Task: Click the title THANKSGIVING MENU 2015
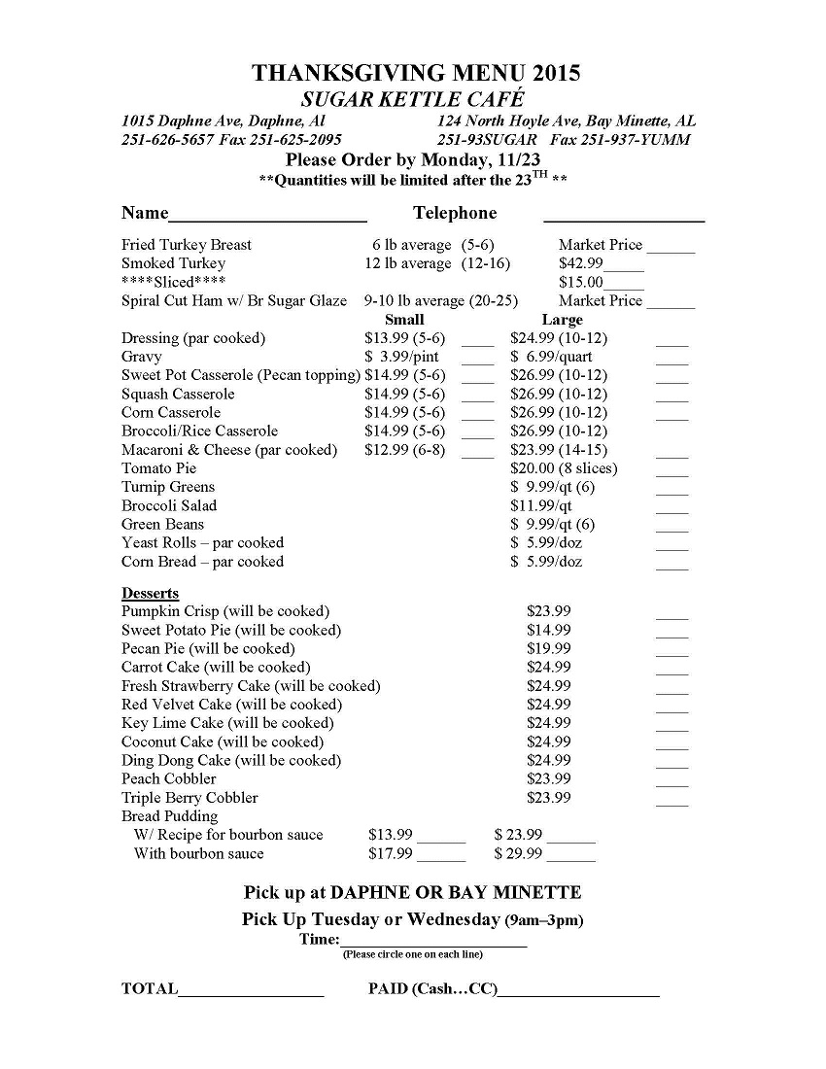point(416,73)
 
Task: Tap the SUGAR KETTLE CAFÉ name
point(413,99)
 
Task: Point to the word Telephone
point(455,213)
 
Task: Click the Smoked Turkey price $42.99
point(581,263)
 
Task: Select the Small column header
point(404,320)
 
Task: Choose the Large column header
point(562,320)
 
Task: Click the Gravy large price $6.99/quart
point(551,357)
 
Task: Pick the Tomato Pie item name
point(158,468)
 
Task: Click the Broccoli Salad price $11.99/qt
point(541,505)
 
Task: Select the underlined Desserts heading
point(150,593)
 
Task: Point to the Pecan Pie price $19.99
point(549,648)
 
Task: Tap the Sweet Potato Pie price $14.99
point(549,630)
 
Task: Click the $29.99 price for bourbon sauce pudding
point(519,853)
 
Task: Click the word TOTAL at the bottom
point(150,989)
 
